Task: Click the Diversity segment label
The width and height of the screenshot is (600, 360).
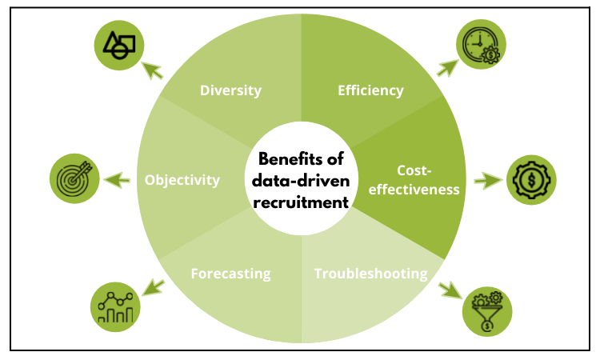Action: point(230,90)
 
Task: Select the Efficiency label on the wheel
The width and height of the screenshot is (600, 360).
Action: point(370,90)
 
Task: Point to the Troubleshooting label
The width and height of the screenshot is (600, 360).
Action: point(370,274)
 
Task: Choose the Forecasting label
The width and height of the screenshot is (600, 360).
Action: point(230,274)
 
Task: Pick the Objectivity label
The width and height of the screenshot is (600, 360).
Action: point(182,180)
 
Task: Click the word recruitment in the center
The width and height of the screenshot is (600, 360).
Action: point(300,203)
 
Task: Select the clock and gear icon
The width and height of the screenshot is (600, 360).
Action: point(479,44)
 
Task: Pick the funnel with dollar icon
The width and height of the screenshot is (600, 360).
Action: point(486,311)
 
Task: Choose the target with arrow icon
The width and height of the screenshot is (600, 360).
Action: point(73,178)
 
